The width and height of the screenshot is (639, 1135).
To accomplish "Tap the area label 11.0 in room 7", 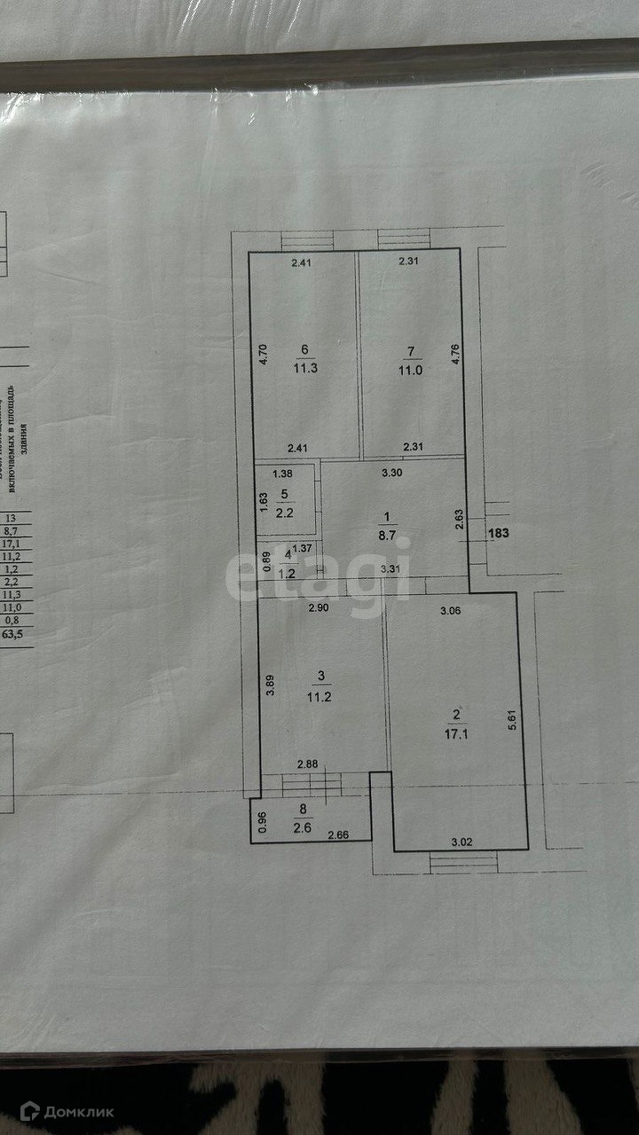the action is [x=409, y=373].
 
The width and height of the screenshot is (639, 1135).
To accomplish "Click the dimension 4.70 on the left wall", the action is [x=263, y=356].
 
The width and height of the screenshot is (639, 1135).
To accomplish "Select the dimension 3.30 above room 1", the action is [x=391, y=473].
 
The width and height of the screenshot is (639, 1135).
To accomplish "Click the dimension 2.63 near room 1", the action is [x=458, y=520].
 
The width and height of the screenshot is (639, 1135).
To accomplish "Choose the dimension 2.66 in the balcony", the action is [x=338, y=835].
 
